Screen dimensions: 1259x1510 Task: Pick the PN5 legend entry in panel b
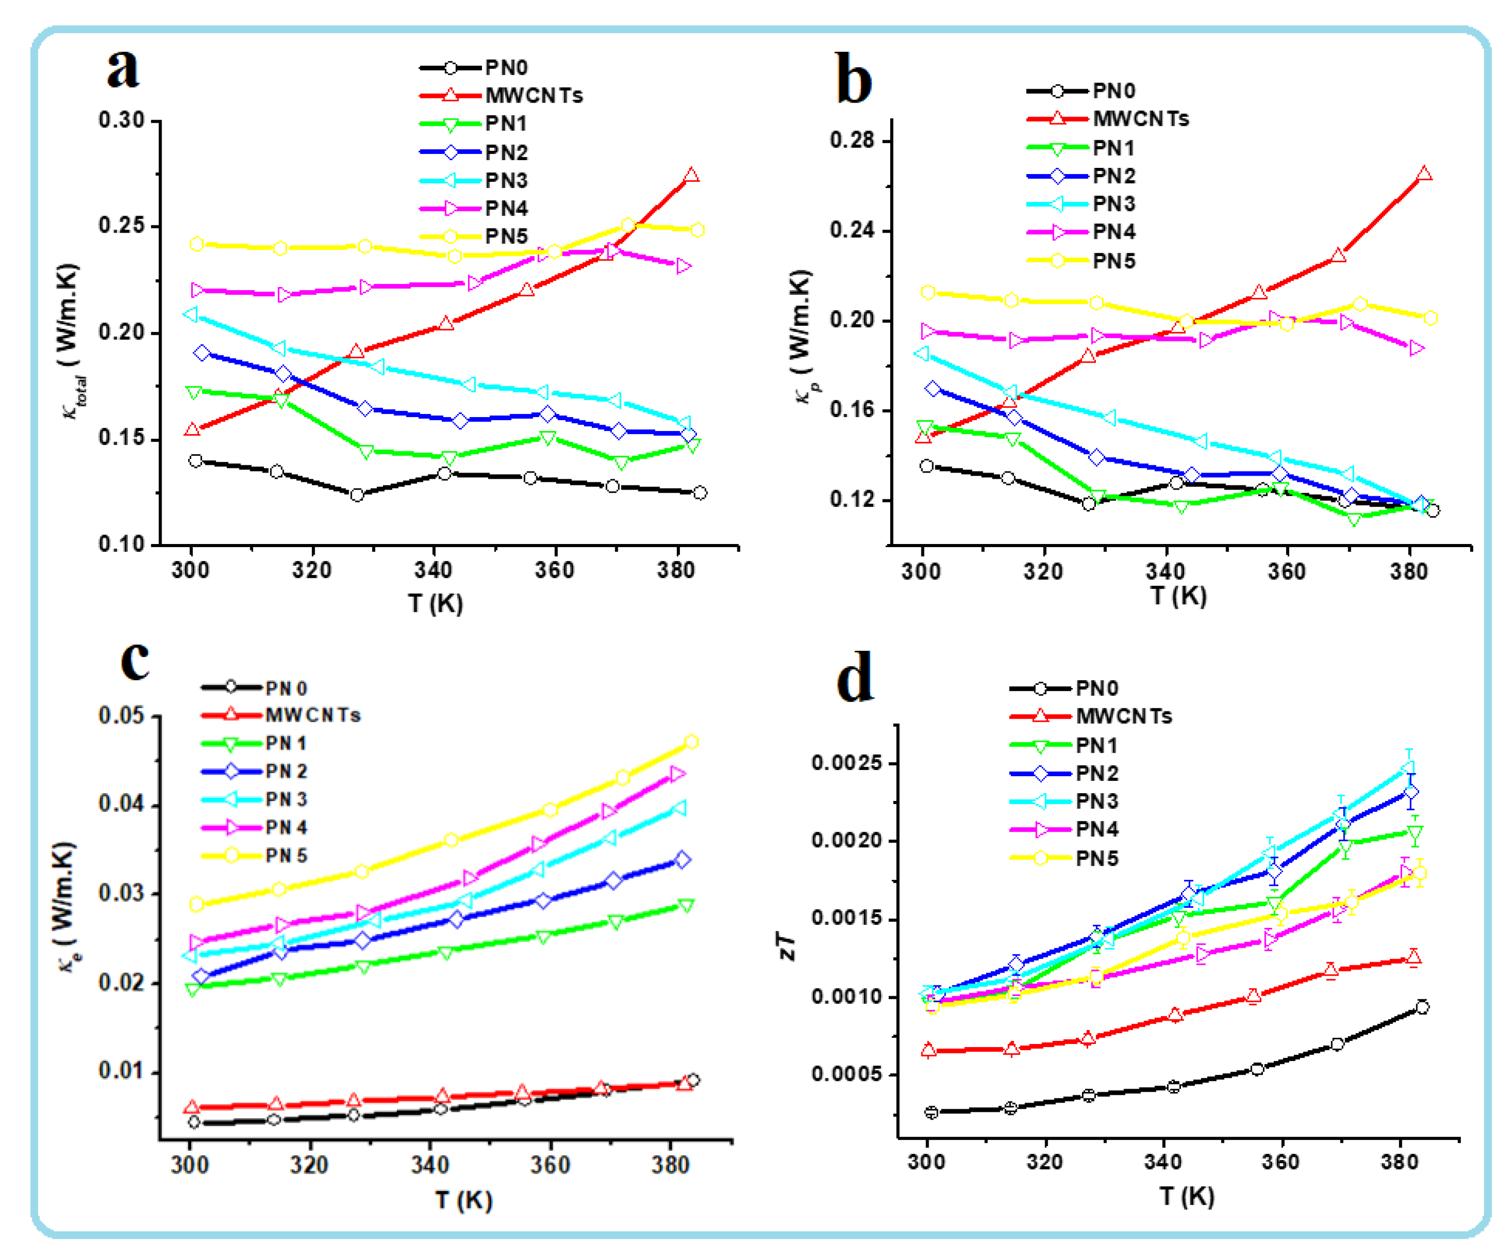click(x=1113, y=261)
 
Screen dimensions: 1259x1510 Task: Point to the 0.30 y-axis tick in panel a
click(x=122, y=120)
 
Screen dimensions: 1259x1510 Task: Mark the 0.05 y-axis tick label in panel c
click(x=122, y=716)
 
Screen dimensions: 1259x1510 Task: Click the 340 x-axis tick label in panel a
click(x=434, y=570)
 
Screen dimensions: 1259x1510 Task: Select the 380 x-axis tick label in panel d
click(x=1399, y=1163)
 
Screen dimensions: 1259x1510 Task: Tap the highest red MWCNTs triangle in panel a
click(x=691, y=176)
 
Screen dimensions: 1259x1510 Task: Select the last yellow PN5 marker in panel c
click(x=691, y=742)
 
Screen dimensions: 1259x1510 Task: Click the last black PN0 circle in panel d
click(x=1421, y=1007)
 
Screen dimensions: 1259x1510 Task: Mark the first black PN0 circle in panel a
click(x=195, y=461)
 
